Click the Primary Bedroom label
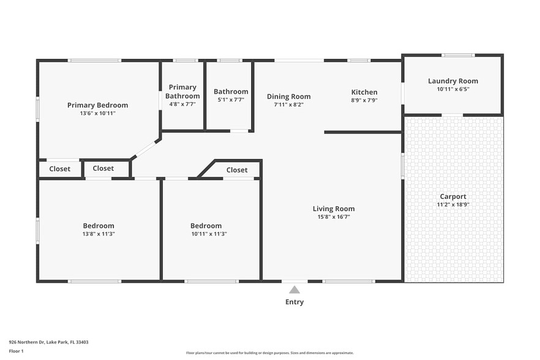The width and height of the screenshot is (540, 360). (x=97, y=105)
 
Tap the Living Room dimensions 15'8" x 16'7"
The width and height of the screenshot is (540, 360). (x=334, y=217)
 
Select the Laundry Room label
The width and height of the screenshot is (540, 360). (x=452, y=81)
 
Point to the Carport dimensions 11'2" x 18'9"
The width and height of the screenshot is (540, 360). (x=452, y=204)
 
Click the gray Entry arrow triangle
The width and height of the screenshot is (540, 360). (x=294, y=290)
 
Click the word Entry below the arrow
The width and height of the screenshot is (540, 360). (x=294, y=302)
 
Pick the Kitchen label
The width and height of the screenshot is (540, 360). (x=364, y=92)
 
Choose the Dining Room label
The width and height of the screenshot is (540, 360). (x=288, y=96)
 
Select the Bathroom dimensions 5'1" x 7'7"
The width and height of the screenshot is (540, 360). (x=231, y=100)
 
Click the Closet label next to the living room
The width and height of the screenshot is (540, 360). (x=237, y=170)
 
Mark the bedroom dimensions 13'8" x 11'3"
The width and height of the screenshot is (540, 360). (x=99, y=234)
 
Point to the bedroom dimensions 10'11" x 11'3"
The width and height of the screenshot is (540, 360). (x=206, y=234)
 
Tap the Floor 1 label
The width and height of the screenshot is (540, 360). (x=16, y=351)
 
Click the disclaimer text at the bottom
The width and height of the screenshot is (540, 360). (x=269, y=353)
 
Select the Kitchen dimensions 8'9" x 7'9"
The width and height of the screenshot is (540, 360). (x=364, y=100)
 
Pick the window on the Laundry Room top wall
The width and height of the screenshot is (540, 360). (x=454, y=55)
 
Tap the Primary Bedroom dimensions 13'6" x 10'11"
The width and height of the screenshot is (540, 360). (x=97, y=113)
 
